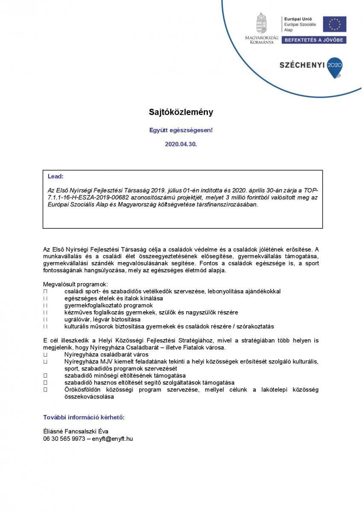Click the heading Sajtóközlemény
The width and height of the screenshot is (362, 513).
click(181, 112)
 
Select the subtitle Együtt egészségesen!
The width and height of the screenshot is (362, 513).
click(181, 130)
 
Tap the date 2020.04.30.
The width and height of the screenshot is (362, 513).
click(181, 144)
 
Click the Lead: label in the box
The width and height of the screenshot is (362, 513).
click(55, 176)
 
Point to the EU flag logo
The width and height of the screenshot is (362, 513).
click(334, 24)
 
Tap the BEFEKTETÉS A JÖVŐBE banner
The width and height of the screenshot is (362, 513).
click(314, 40)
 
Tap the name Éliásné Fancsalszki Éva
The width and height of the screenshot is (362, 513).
click(76, 431)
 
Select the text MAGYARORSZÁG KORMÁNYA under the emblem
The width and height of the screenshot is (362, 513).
click(261, 40)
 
